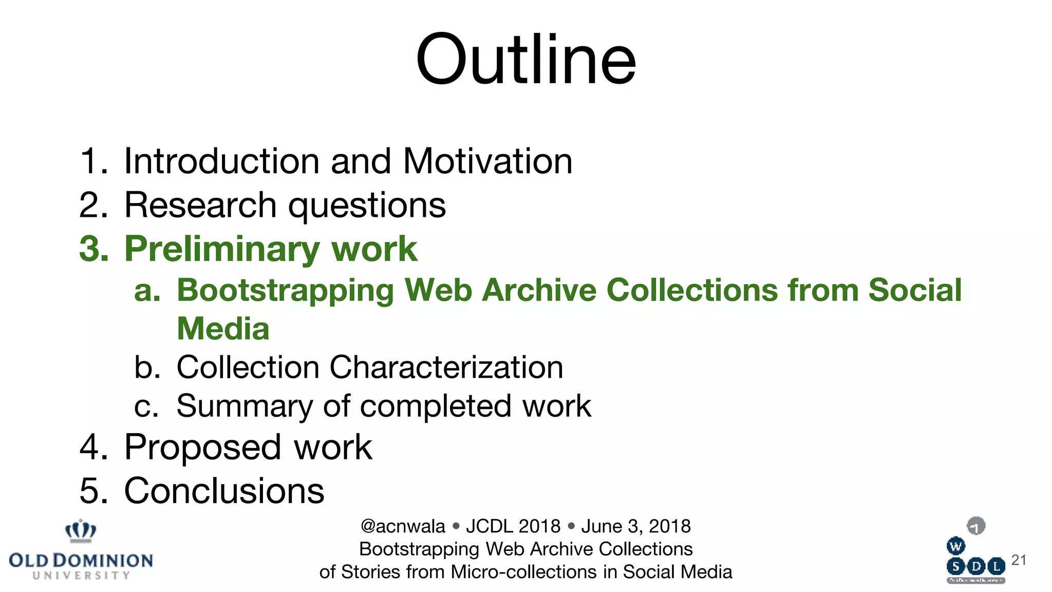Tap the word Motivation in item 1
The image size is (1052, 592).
487,161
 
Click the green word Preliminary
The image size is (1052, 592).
222,250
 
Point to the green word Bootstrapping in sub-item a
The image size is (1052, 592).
285,290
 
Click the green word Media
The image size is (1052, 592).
223,329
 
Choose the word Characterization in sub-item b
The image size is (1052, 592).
446,367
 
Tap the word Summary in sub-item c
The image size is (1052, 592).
244,406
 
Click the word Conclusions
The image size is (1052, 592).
224,491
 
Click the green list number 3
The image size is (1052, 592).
92,250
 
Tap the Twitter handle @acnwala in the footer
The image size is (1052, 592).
403,526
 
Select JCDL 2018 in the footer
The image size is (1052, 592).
513,526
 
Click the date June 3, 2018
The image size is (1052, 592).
635,526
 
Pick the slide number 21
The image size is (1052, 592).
1019,560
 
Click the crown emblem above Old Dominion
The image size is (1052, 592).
81,531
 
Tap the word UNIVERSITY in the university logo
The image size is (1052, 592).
81,576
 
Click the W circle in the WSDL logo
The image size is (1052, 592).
955,546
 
